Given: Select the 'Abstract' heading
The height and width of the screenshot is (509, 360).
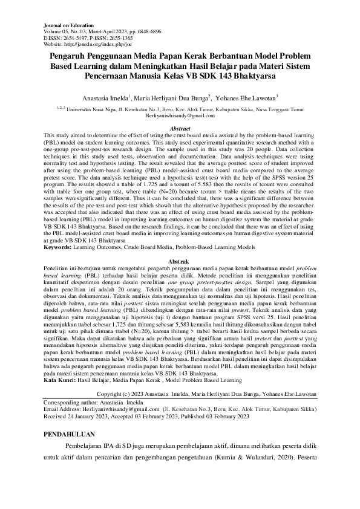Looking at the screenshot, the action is pyautogui.click(x=180, y=129).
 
